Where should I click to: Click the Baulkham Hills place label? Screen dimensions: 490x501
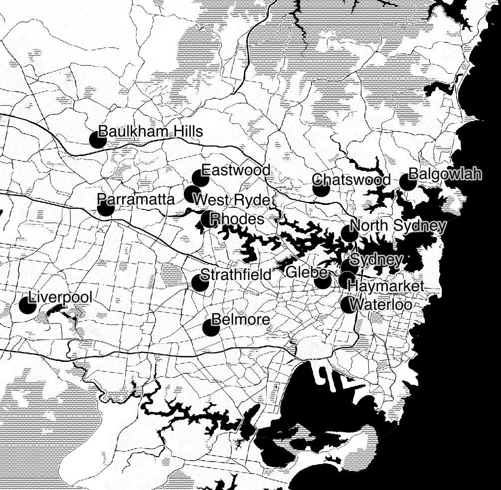pos(151,132)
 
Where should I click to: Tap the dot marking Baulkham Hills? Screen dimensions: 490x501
pos(98,140)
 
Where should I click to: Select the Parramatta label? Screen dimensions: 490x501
pos(136,199)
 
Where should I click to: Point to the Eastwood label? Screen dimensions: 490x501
pos(236,170)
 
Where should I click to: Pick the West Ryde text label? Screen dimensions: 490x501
pos(231,200)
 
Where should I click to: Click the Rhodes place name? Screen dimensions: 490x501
pos(237,219)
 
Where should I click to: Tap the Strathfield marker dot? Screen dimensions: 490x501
pos(200,283)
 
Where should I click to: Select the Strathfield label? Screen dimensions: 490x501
pos(236,275)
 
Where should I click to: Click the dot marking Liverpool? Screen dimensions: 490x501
pos(27,305)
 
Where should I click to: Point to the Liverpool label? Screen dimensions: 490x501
pos(60,298)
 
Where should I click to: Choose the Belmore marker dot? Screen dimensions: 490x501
pos(211,327)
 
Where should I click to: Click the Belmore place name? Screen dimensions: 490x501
pos(241,320)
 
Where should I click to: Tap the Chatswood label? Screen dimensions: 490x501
pos(351,179)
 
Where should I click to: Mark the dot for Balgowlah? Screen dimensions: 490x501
pos(408,182)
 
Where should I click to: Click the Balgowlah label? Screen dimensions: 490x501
pos(445,174)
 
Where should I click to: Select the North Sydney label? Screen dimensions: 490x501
pos(398,226)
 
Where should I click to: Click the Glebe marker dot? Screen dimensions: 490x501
pos(323,281)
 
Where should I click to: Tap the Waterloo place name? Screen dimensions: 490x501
pos(381,304)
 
